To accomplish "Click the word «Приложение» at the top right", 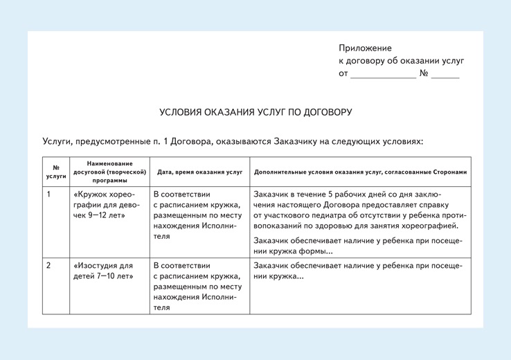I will coord(365,48).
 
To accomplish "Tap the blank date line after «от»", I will coord(383,75).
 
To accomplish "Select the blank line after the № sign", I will coord(445,75).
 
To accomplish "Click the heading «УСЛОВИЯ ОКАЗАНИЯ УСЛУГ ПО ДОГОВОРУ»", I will coord(256,112).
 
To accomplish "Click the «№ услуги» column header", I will coord(56,172).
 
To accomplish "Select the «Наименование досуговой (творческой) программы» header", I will coord(110,172).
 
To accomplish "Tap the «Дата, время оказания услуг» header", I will coord(199,172).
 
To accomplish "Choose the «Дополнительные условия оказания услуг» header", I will coord(361,172).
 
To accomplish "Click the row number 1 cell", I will coord(48,195).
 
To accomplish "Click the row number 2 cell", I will coord(48,266).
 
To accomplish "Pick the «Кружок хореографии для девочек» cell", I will coord(107,205).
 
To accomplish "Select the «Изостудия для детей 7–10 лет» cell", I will coord(103,271).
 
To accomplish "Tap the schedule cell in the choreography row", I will coord(197,215).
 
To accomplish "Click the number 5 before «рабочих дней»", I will coord(331,194).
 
